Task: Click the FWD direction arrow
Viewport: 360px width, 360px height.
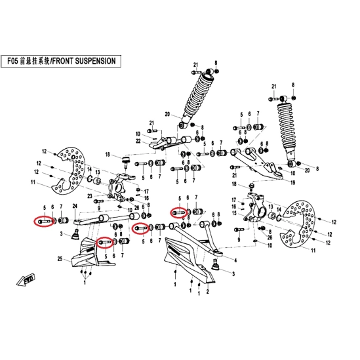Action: [26, 279]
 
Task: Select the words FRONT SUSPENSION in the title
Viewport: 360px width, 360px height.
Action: [83, 61]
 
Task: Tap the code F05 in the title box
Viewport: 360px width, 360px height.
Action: [13, 61]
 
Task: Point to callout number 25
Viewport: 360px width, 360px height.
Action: [60, 259]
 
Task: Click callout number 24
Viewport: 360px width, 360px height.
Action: [75, 206]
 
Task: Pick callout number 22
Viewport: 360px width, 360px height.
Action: [138, 141]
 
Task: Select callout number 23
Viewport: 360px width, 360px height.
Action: [90, 196]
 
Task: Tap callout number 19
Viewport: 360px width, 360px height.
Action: [293, 183]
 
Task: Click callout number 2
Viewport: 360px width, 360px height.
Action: [208, 292]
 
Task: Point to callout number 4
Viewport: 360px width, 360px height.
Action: [235, 260]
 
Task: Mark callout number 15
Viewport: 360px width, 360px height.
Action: [234, 213]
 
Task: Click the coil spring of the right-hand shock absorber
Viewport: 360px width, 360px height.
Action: [287, 129]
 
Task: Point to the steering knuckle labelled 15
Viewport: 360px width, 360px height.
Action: [254, 209]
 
